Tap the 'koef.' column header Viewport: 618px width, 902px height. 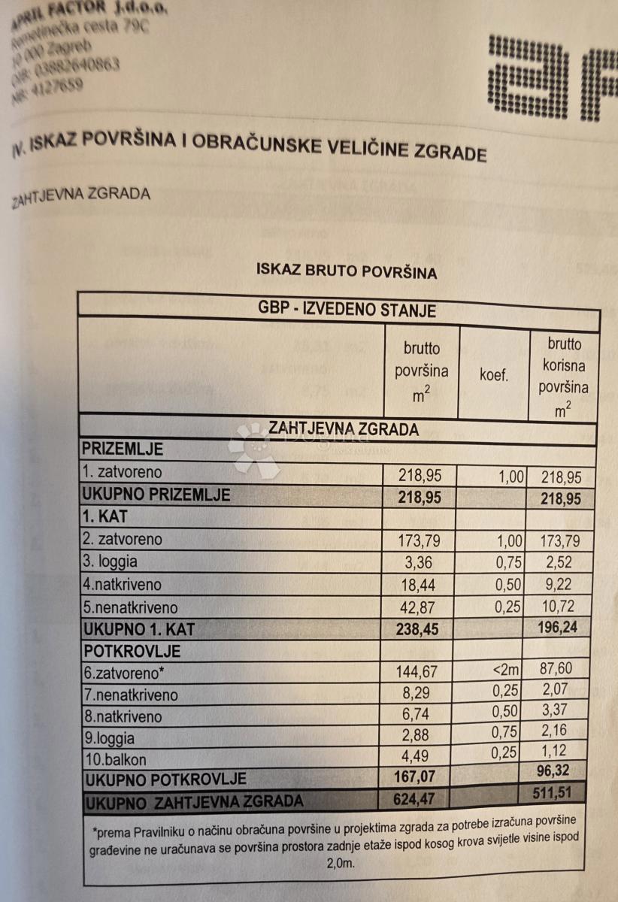(x=494, y=375)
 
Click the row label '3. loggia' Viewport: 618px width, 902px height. (x=110, y=561)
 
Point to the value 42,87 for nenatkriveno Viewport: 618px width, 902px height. (x=415, y=607)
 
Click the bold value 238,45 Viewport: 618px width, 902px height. (x=416, y=628)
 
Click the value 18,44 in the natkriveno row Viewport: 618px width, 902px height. (x=415, y=584)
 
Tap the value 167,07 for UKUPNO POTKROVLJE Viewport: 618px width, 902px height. (x=416, y=776)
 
